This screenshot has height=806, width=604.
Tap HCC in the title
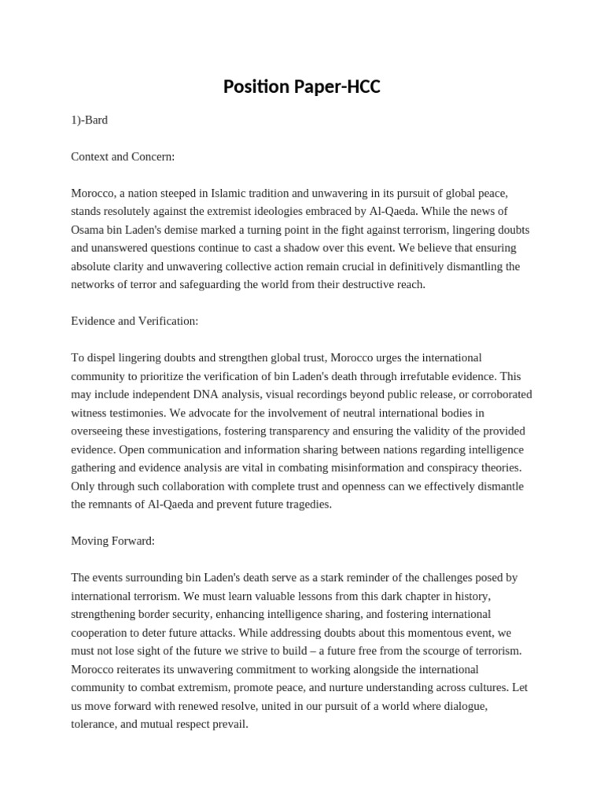point(363,87)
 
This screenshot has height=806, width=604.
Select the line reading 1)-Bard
point(89,120)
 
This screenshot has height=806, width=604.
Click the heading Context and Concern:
point(123,156)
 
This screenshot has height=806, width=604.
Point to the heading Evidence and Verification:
point(134,321)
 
